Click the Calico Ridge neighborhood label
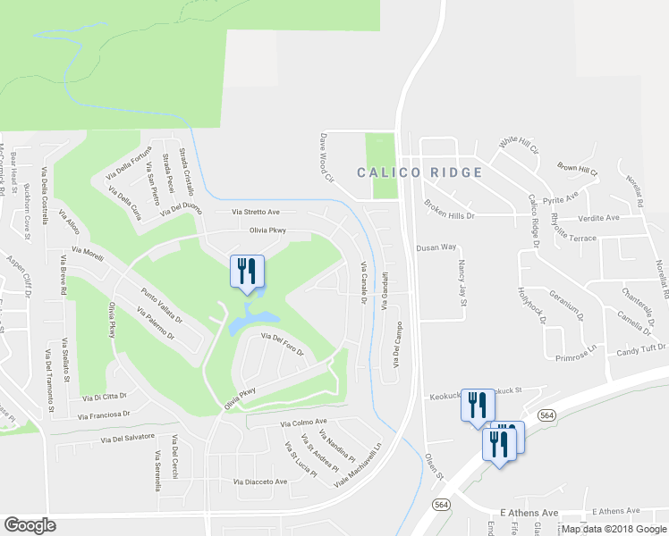[x=419, y=172]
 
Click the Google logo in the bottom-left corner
[x=30, y=525]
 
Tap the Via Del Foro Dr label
[x=283, y=343]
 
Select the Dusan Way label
[x=436, y=247]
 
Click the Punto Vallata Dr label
[x=161, y=305]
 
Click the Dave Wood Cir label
[x=326, y=160]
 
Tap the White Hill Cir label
[x=519, y=145]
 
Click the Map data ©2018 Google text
[x=614, y=529]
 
